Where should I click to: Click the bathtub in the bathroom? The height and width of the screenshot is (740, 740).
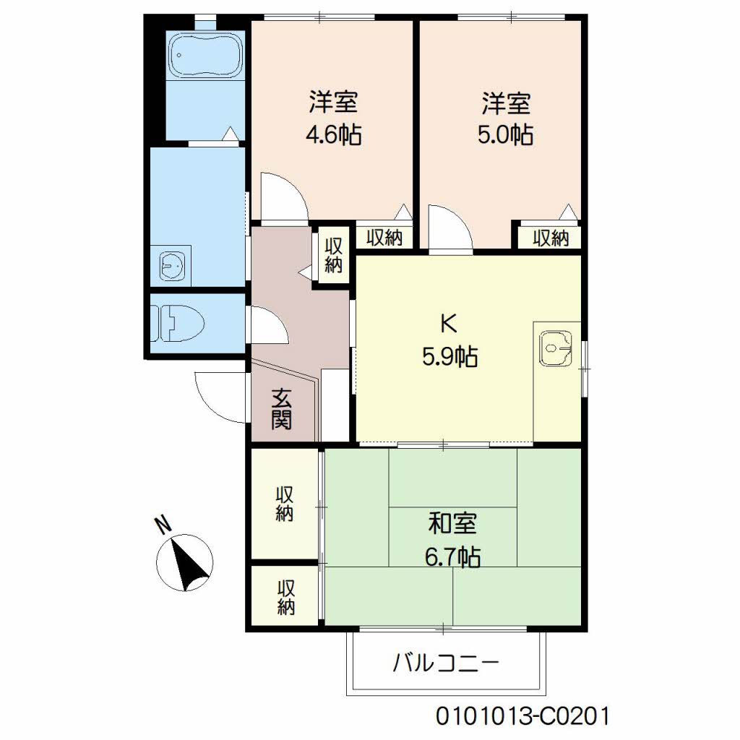point(205,56)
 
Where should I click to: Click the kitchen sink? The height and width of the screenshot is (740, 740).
point(556,348)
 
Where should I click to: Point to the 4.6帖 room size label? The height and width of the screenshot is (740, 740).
point(334,135)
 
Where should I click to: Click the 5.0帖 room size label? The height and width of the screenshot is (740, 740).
point(505,134)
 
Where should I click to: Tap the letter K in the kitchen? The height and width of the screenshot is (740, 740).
point(448,324)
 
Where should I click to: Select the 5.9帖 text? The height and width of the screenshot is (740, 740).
point(449,357)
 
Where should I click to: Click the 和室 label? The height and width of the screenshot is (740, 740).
point(452,523)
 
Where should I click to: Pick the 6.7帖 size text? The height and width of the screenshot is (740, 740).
point(452,557)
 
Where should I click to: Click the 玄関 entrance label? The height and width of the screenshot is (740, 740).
point(282,409)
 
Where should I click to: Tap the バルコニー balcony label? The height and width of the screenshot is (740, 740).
point(446,663)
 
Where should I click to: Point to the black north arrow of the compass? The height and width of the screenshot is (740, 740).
point(188,564)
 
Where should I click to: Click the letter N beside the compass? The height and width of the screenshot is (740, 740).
point(164,525)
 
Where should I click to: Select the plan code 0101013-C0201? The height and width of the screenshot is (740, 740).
point(522,716)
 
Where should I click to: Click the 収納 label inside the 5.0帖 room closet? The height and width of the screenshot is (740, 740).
point(551,238)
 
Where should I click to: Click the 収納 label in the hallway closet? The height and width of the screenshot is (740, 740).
point(332,255)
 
